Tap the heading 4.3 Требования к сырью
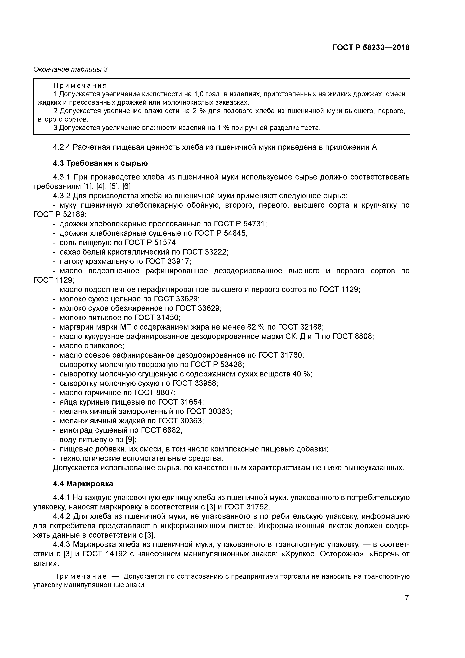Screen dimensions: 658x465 pyautogui.click(x=100, y=163)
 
